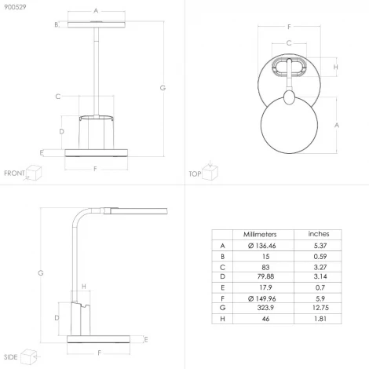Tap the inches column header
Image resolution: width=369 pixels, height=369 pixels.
pyautogui.click(x=317, y=234)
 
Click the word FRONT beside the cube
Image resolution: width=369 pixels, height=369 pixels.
pyautogui.click(x=14, y=173)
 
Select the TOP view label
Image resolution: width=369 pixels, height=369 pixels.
pyautogui.click(x=195, y=173)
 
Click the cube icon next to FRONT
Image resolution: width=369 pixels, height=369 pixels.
pyautogui.click(x=34, y=172)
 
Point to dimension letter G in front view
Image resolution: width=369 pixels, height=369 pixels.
pyautogui.click(x=163, y=88)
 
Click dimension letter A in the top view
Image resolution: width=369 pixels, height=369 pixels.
pyautogui.click(x=337, y=125)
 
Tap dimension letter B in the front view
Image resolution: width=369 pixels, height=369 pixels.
pyautogui.click(x=57, y=25)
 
